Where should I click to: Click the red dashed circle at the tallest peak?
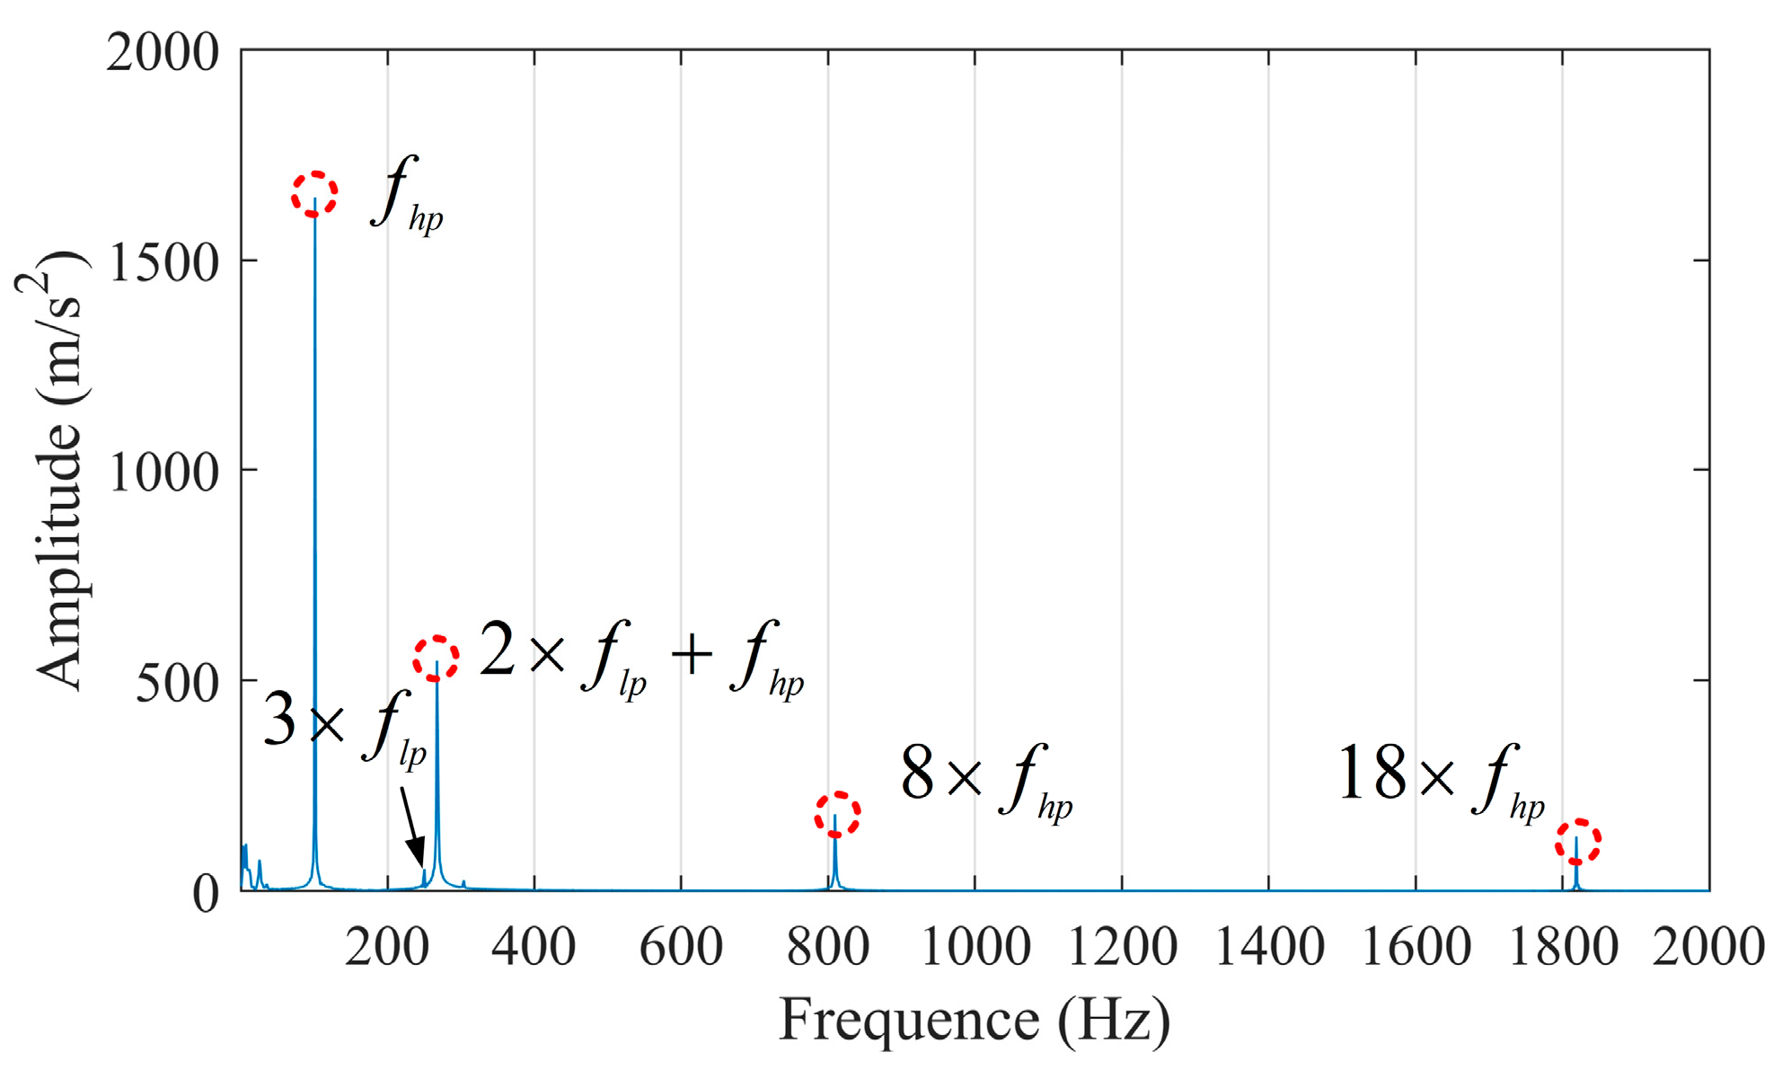[314, 194]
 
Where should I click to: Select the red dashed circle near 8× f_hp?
[837, 814]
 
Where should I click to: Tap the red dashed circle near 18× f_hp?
[1578, 842]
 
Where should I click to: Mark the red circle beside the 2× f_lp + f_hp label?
[437, 659]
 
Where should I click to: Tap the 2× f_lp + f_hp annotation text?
[641, 657]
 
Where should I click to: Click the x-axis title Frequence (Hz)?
[975, 1022]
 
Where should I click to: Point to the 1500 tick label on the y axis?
[163, 262]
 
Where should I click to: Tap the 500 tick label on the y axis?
[178, 683]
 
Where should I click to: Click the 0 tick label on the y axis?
[206, 894]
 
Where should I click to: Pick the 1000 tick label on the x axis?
[975, 948]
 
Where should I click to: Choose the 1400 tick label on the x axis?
[1268, 948]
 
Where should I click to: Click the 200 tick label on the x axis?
[387, 948]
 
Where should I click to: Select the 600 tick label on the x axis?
[681, 948]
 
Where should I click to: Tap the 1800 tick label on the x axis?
[1563, 948]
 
